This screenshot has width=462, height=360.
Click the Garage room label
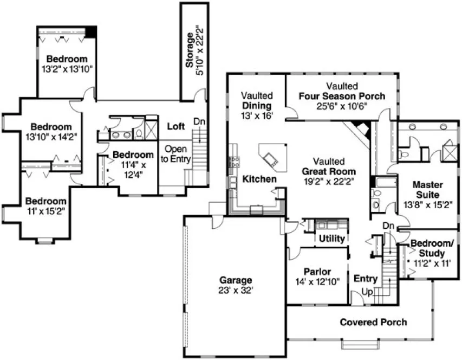236,280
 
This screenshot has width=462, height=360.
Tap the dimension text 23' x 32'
236,290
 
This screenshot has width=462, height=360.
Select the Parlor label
317,272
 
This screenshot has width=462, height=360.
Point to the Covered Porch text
373,323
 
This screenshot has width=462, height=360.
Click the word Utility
332,238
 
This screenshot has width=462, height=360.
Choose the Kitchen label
259,179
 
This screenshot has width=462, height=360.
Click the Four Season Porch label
342,96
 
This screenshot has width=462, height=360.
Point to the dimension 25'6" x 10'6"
342,106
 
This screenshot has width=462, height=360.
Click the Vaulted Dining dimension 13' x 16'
256,115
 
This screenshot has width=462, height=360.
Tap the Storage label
190,50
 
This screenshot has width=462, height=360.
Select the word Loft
175,126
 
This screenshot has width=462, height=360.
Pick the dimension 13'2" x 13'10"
67,68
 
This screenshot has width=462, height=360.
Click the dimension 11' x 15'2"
46,211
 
